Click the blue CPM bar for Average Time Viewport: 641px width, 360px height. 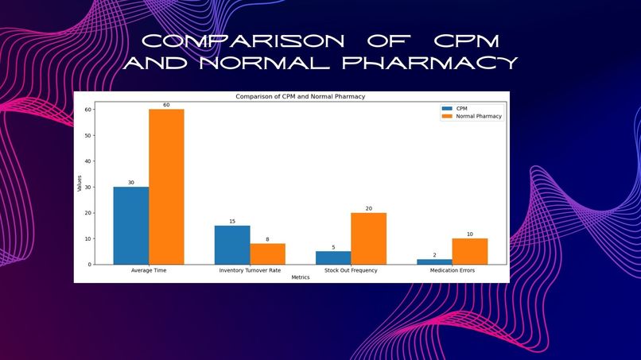click(130, 226)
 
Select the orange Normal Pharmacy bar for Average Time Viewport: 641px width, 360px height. click(166, 187)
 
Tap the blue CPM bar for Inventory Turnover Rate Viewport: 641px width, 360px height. click(232, 245)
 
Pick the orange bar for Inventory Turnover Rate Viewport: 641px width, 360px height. click(267, 254)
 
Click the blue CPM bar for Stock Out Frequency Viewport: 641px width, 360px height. click(333, 257)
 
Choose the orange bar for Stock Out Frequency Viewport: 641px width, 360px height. click(368, 238)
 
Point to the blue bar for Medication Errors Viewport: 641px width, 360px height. click(434, 261)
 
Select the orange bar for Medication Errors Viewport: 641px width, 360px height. click(469, 251)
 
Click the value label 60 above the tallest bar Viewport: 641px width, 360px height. click(166, 105)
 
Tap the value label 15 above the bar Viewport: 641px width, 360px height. click(232, 221)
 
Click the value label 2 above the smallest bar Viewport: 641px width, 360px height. click(434, 254)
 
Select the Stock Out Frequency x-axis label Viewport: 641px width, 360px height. click(351, 271)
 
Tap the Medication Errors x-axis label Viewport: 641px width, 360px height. click(452, 271)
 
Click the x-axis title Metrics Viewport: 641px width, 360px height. click(300, 277)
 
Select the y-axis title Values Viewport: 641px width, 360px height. click(80, 184)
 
